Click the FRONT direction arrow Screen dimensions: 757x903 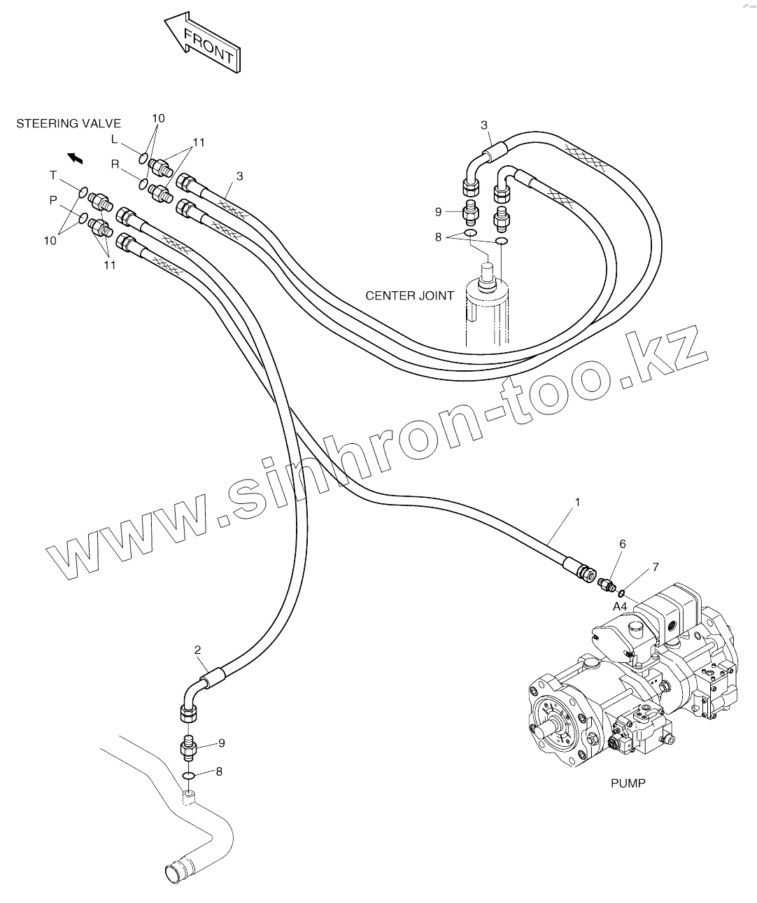coord(203,43)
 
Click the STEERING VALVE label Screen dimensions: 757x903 coord(69,124)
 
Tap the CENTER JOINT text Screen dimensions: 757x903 coord(409,295)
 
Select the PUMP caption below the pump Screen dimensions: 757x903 coord(628,783)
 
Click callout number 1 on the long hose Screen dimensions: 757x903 coord(578,502)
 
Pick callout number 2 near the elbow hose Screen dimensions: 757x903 coord(198,650)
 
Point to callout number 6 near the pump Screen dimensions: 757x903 coord(602,544)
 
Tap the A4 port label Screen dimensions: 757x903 coord(620,606)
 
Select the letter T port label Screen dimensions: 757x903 coord(53,174)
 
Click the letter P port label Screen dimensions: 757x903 coord(53,199)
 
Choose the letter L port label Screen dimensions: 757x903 coord(115,139)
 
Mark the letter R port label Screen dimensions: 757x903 coord(115,164)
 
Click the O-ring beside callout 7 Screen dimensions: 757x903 coord(621,594)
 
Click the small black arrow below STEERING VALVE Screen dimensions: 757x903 coord(75,158)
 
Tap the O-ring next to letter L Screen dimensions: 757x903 coord(143,157)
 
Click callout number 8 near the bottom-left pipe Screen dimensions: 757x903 coord(219,771)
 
